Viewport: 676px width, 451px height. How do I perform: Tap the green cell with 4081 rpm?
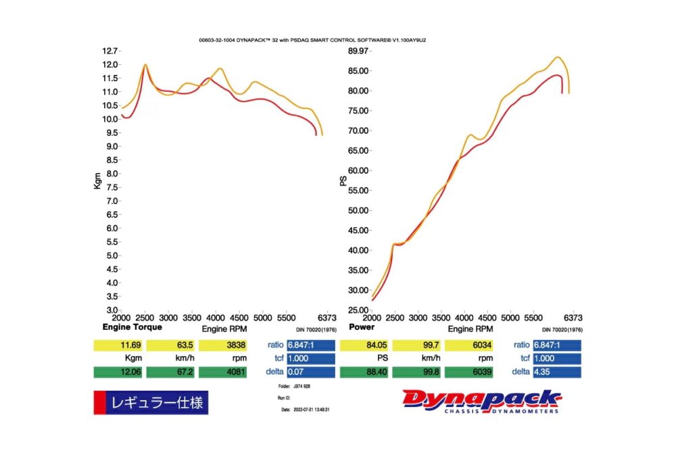point(225,372)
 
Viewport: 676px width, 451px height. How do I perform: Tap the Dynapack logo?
point(481,401)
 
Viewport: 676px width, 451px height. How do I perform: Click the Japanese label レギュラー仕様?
point(156,404)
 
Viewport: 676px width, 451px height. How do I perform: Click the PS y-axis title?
point(343,181)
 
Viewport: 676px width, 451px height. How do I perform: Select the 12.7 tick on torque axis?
point(110,51)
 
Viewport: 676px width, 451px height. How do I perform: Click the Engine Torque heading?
point(132,327)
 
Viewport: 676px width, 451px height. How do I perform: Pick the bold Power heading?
point(362,327)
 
